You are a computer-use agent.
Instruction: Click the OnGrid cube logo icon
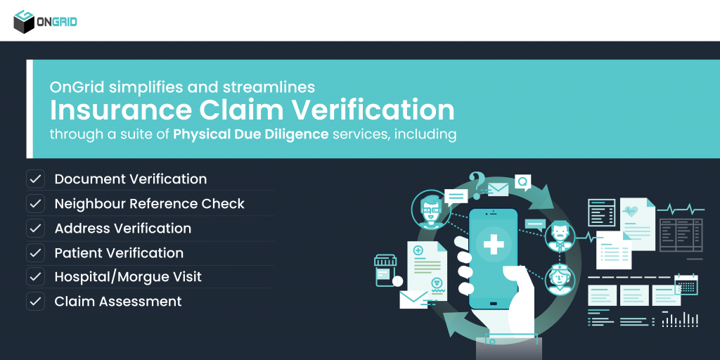tap(24, 21)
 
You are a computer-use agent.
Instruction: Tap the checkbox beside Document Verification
tap(35, 179)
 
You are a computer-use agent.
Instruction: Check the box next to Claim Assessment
tap(35, 302)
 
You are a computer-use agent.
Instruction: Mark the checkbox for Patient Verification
tap(35, 253)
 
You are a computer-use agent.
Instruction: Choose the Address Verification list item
tap(122, 229)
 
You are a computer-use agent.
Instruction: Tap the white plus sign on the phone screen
tap(494, 245)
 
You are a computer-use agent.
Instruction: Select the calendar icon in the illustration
tap(686, 284)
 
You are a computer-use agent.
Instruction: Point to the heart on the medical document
tap(631, 211)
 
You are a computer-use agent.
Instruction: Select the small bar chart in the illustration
tap(679, 320)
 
